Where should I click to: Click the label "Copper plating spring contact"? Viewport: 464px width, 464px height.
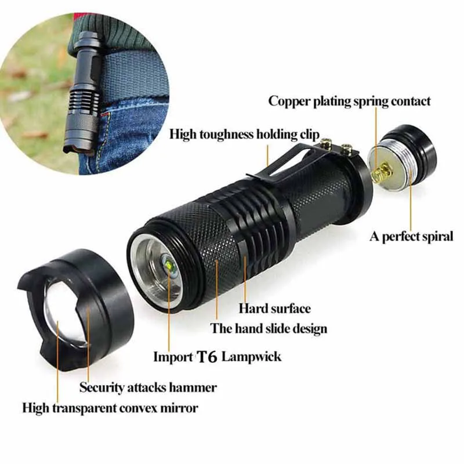pyautogui.click(x=349, y=101)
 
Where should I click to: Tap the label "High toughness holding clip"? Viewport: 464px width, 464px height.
pyautogui.click(x=244, y=135)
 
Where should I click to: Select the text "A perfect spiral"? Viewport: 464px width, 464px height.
pyautogui.click(x=411, y=237)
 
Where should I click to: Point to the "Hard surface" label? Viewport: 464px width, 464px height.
pyautogui.click(x=274, y=309)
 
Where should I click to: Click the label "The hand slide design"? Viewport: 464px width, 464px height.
pyautogui.click(x=269, y=329)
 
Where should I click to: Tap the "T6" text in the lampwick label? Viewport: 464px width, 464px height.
pyautogui.click(x=208, y=357)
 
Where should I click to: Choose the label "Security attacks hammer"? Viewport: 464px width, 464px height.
pyautogui.click(x=148, y=387)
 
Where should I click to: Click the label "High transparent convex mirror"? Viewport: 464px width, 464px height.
pyautogui.click(x=110, y=408)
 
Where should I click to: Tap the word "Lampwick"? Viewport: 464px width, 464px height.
pyautogui.click(x=252, y=356)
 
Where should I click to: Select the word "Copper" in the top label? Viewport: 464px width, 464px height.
pyautogui.click(x=289, y=101)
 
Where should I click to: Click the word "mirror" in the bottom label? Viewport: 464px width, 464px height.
pyautogui.click(x=180, y=408)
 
